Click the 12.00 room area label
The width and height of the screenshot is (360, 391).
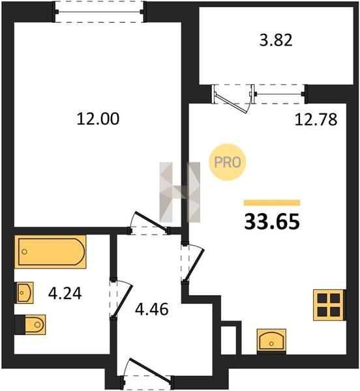(x=98, y=119)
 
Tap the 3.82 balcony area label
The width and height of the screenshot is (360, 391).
(x=276, y=40)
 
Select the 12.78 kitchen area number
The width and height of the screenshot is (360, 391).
(x=316, y=119)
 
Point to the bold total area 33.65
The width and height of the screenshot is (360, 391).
(x=272, y=222)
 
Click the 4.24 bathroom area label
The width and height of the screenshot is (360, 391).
(x=65, y=293)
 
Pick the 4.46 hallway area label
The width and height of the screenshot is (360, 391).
(x=152, y=310)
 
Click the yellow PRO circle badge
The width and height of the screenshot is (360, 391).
(x=227, y=162)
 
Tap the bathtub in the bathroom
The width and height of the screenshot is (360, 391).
(x=50, y=252)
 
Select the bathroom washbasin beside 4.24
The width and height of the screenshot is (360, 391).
(x=25, y=293)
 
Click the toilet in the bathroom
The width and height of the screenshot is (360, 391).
(x=31, y=325)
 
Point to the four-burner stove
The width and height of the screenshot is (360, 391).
(x=329, y=305)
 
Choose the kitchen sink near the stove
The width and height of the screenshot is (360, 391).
(x=271, y=341)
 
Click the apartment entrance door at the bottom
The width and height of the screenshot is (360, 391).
(x=147, y=373)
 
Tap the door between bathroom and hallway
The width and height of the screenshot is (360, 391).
(x=121, y=298)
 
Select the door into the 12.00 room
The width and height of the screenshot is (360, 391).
(x=149, y=224)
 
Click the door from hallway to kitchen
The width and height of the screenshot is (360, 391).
(x=192, y=263)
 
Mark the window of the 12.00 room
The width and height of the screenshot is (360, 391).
(x=99, y=12)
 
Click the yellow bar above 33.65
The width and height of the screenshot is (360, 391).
(x=272, y=203)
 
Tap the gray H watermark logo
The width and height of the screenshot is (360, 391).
(x=180, y=192)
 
